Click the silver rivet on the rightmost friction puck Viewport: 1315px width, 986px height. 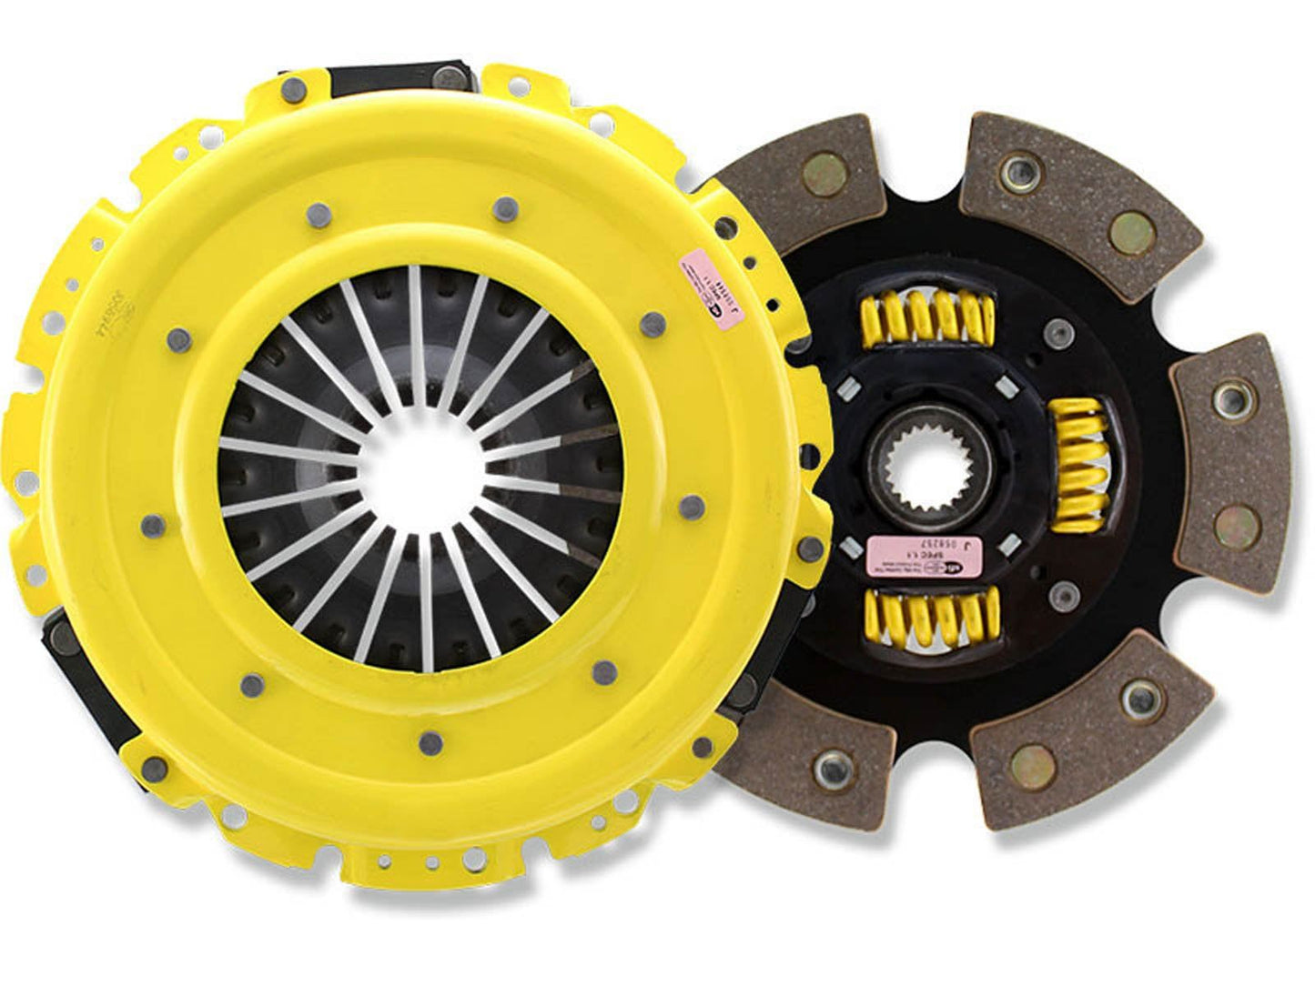[1234, 395]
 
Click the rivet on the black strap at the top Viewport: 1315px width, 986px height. [296, 88]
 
